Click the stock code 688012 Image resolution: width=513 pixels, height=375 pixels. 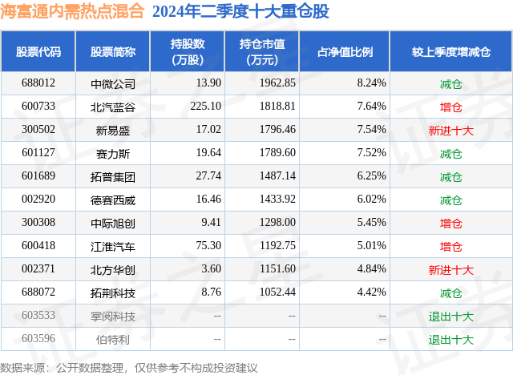(38, 83)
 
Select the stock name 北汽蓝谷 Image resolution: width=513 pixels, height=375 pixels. (113, 107)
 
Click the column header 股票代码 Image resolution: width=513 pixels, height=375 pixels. (38, 51)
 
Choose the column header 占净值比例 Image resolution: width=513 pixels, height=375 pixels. (351, 51)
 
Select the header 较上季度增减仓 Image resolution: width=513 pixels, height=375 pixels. (451, 51)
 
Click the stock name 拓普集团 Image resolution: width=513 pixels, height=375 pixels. (113, 176)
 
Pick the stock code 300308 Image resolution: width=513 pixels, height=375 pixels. (38, 223)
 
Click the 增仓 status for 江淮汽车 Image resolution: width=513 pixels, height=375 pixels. (451, 246)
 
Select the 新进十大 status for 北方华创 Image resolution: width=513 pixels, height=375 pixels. (451, 270)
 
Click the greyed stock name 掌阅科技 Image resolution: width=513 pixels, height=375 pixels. (113, 317)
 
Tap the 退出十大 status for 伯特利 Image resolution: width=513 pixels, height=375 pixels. (451, 340)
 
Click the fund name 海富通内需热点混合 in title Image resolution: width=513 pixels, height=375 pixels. (72, 12)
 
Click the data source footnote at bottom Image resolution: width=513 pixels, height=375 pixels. (129, 367)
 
